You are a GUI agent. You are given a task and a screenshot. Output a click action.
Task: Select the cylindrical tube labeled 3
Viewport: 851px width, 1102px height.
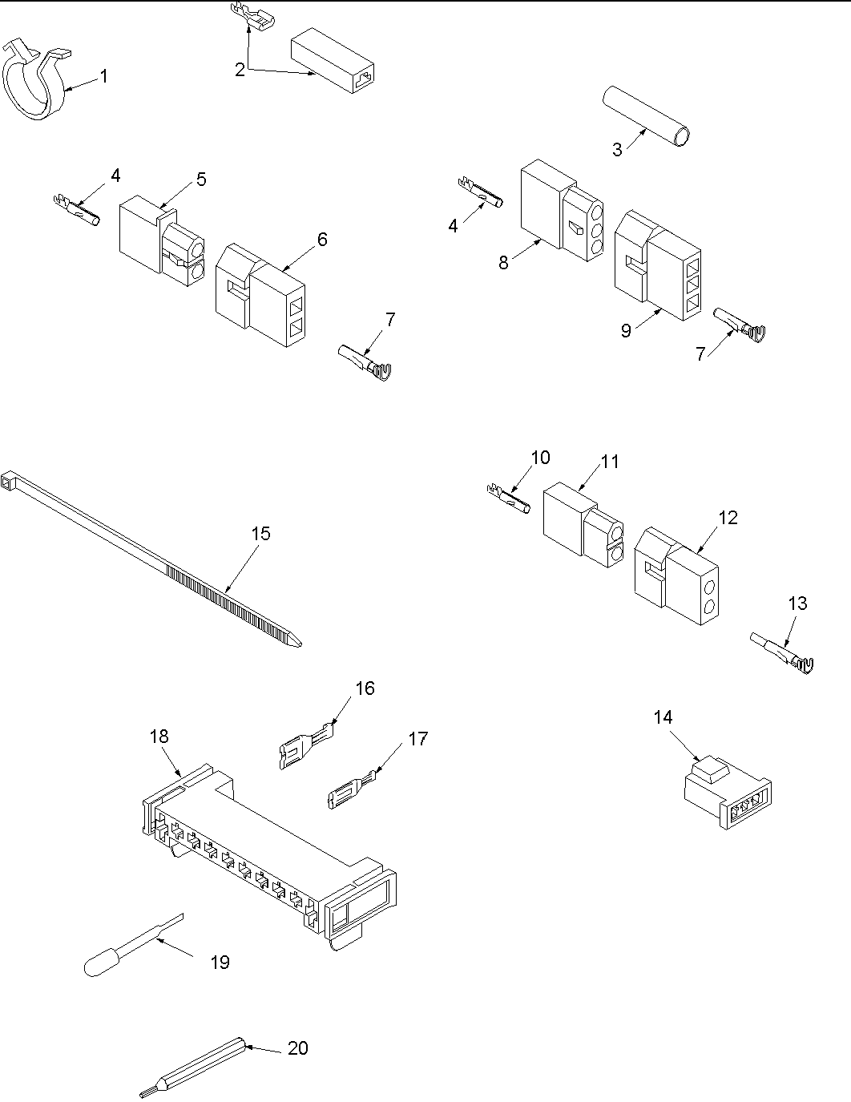647,117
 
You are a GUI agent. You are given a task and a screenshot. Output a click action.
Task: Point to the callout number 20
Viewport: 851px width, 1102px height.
297,1048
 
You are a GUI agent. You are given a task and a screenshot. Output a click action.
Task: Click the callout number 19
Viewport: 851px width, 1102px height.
220,963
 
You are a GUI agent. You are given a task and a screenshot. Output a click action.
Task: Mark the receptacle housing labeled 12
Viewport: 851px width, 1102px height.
676,575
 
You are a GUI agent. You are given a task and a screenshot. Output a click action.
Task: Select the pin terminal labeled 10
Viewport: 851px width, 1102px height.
507,497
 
